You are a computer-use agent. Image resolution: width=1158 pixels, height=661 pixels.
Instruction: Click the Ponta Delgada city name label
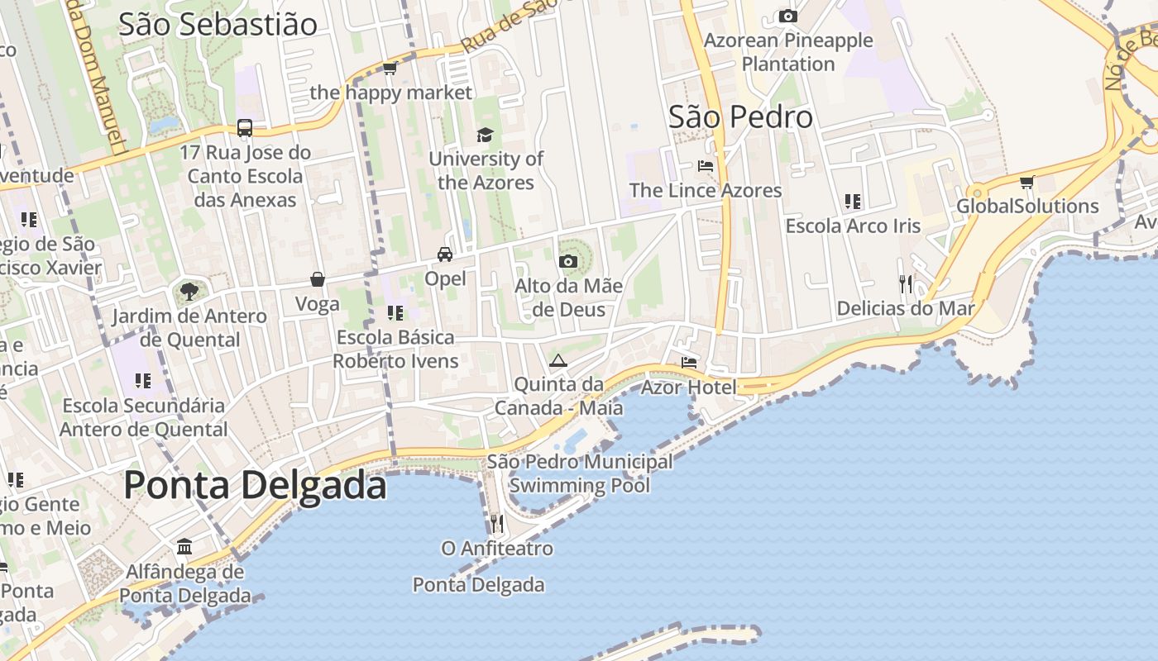pos(255,485)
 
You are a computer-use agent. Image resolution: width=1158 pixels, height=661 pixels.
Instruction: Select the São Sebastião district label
pos(218,25)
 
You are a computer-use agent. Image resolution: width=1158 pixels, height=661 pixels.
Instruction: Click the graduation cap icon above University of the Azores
pos(485,135)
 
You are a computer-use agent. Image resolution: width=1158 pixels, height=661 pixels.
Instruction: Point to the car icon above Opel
pos(445,254)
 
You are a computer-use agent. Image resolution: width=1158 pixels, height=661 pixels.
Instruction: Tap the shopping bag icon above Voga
pos(318,279)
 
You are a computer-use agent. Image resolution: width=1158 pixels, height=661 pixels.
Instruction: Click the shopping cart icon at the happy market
pos(390,68)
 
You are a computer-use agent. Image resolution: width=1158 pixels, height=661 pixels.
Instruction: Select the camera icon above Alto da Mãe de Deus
pos(567,262)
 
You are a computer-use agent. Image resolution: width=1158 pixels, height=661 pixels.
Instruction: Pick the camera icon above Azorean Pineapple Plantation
pos(788,16)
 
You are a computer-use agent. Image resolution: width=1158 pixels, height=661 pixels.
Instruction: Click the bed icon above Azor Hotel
pos(688,362)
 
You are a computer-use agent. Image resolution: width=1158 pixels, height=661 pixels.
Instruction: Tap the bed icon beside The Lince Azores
pos(705,166)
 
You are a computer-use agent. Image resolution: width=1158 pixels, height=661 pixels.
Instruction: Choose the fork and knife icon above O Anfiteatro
pos(496,523)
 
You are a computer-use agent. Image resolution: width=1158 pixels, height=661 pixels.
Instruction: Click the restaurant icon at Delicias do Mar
pos(906,284)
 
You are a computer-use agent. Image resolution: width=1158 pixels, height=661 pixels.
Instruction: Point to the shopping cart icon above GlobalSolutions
pos(1026,182)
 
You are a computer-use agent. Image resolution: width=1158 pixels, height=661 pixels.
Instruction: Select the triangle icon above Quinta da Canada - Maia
pos(558,360)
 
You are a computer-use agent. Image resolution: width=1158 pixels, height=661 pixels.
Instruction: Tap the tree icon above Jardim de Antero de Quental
pos(189,291)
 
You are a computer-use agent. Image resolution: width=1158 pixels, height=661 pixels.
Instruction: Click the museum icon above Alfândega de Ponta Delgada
pos(184,547)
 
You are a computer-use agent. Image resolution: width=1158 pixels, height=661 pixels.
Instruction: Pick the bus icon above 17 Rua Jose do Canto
pos(245,128)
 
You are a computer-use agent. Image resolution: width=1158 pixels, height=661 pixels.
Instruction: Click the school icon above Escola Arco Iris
pos(853,202)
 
